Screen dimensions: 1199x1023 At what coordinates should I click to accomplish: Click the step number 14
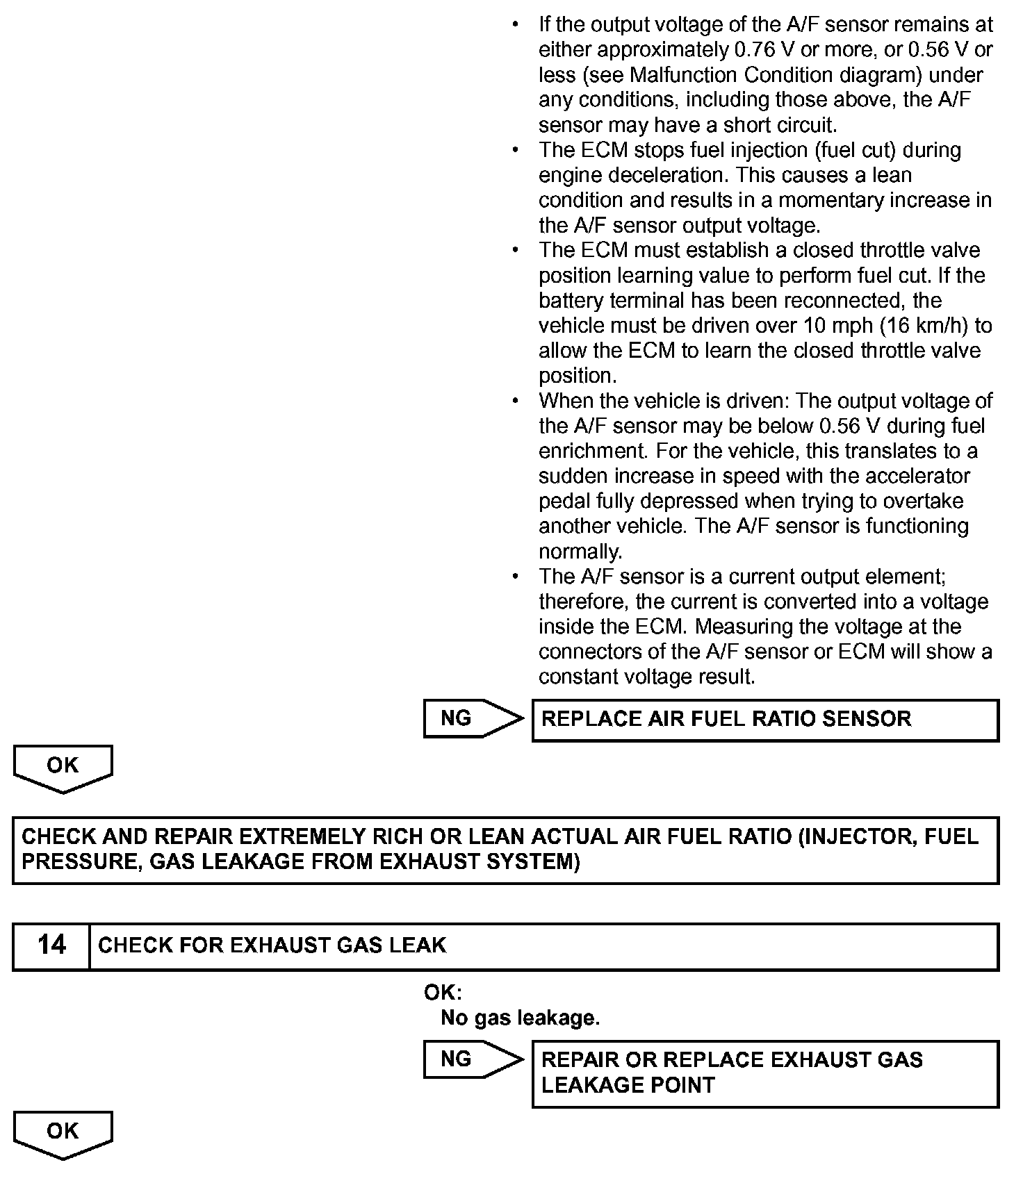click(51, 945)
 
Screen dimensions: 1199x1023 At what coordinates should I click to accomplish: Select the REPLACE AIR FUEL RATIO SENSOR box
click(764, 720)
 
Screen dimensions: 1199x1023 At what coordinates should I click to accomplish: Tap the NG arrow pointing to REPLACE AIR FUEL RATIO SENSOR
click(473, 718)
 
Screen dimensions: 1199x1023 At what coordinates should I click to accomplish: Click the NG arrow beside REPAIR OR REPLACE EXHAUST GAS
click(473, 1059)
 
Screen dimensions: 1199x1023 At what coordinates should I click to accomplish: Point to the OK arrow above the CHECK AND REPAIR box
click(63, 768)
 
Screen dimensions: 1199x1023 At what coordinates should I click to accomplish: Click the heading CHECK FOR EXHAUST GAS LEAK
click(272, 945)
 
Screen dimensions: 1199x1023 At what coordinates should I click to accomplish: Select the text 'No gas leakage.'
click(520, 1018)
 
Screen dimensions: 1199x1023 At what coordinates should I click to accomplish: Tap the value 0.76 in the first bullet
click(755, 50)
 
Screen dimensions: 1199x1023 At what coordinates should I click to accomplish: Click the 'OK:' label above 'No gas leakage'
click(443, 993)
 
